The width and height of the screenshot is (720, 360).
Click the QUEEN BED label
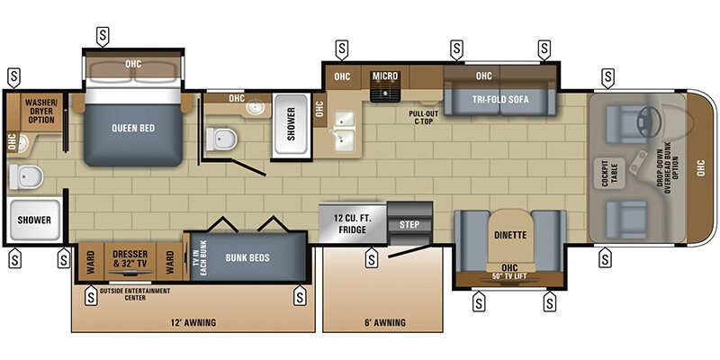[x=133, y=128]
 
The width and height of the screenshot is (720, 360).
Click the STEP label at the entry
[x=409, y=224]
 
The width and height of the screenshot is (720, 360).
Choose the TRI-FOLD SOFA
[x=501, y=98]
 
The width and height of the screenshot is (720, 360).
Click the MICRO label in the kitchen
[x=386, y=76]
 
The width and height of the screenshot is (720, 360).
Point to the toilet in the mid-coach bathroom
[x=219, y=139]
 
